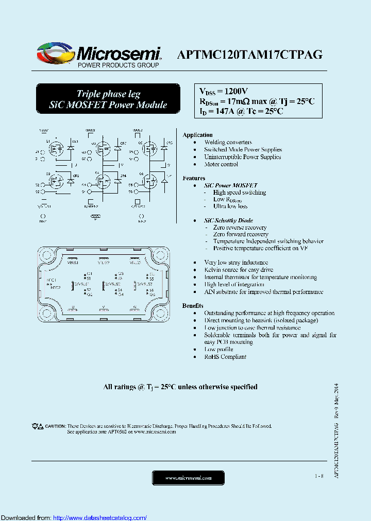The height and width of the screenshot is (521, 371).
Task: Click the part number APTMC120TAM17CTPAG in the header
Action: [x=250, y=55]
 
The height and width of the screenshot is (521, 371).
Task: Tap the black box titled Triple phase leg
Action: [x=108, y=99]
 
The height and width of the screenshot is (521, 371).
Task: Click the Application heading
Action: [x=197, y=135]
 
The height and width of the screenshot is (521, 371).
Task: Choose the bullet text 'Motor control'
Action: [x=221, y=164]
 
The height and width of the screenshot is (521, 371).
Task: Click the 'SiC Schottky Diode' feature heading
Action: [x=228, y=220]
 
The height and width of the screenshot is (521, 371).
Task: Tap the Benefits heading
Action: [x=193, y=306]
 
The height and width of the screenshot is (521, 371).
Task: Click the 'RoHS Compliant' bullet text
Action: [x=225, y=357]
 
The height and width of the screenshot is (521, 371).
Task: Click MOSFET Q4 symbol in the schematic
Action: [x=102, y=181]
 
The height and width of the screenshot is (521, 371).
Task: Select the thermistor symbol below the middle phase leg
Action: [x=93, y=217]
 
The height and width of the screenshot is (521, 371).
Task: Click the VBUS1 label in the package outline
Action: [x=73, y=262]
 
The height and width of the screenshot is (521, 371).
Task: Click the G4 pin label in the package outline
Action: [x=120, y=294]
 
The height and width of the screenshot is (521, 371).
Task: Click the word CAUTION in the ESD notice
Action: [x=55, y=426]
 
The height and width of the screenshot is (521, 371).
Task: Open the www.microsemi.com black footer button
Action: [x=188, y=478]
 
